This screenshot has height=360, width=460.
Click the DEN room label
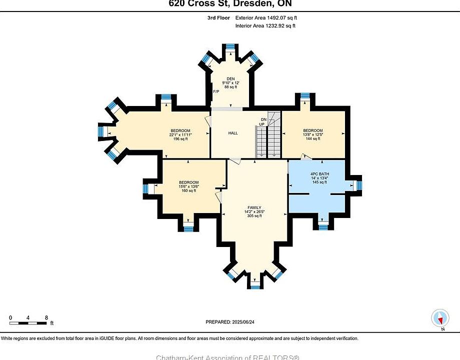230,78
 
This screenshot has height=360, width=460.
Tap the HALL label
233,133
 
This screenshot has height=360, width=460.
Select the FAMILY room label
254,207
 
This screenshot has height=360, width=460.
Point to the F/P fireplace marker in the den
216,92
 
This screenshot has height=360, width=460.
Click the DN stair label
263,119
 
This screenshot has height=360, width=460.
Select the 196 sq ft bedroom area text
180,139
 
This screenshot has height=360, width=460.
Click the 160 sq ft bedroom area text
189,190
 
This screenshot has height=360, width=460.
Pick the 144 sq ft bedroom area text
313,139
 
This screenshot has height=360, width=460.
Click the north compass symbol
440,317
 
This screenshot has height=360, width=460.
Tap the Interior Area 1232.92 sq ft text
265,25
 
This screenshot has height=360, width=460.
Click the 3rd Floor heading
219,17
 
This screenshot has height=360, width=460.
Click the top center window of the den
230,47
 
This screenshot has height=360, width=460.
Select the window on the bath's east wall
358,185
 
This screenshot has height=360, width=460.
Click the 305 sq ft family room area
254,216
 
